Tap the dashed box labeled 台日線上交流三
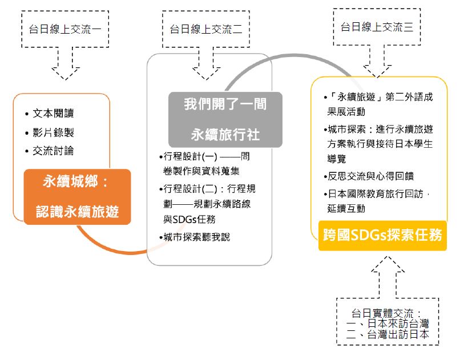tap(376, 27)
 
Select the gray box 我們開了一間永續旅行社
tap(225, 119)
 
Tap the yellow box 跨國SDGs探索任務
tap(382, 235)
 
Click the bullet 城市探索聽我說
tap(196, 237)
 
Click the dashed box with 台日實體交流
tap(388, 321)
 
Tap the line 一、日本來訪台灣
tap(388, 324)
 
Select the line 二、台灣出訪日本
tap(388, 335)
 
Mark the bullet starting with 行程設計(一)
tap(205, 163)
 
